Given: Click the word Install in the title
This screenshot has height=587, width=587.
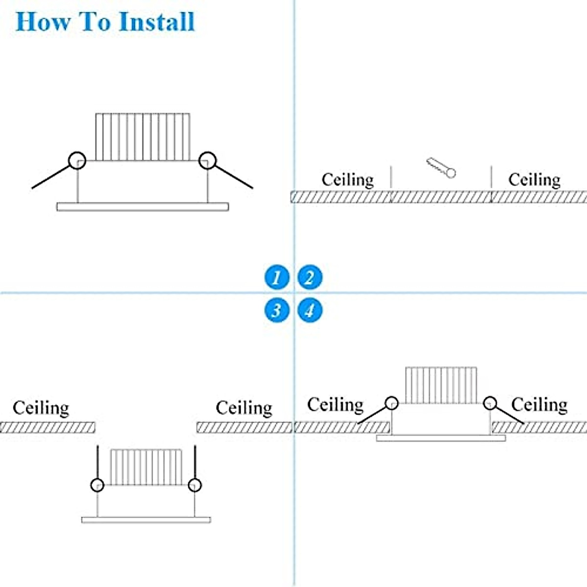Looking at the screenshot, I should tap(157, 23).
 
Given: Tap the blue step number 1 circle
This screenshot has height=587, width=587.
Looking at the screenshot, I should tap(277, 277).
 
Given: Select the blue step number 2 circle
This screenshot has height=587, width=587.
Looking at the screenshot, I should tap(310, 277).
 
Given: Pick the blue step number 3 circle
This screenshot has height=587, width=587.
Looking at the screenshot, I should tap(277, 310).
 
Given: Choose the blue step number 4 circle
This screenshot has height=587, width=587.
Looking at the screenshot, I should tap(310, 310).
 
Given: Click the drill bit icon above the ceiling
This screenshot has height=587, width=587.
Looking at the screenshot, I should tap(441, 167).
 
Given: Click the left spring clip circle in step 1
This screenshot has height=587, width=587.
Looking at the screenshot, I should tap(77, 160).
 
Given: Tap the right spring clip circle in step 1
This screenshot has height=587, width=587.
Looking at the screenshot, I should tap(208, 160).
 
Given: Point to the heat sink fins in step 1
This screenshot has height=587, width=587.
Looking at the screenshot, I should tap(142, 137).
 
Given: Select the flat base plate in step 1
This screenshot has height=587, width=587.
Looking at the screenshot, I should tap(142, 207).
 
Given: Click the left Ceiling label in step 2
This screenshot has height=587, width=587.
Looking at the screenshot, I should tap(348, 180).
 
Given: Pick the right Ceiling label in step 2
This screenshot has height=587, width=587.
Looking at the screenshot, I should tap(534, 180).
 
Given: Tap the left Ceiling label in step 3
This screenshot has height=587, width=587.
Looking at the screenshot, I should tap(41, 408).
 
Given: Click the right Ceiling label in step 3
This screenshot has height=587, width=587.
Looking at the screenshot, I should tap(244, 408).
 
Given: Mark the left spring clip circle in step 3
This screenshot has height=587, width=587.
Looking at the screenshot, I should tap(97, 485).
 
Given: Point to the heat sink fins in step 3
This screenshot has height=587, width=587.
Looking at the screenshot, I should tap(146, 467).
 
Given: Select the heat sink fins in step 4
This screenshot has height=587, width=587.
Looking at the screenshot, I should tap(441, 385).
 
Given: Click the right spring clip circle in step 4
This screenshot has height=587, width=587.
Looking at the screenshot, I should tap(490, 403).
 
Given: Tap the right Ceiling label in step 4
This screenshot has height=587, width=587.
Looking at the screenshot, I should tap(539, 405).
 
